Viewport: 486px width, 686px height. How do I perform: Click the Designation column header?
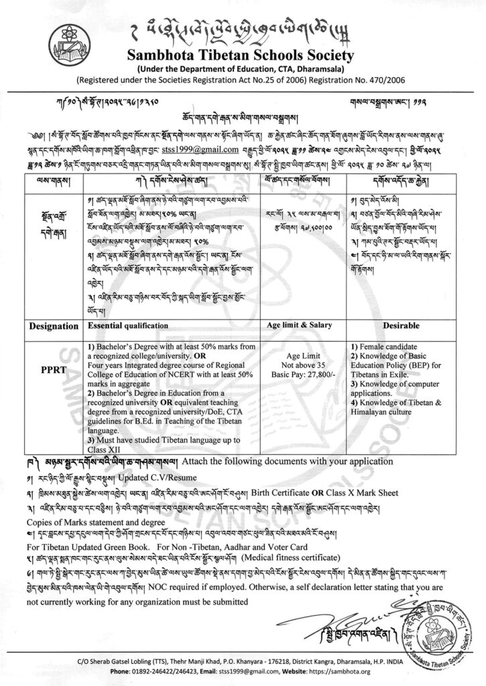tap(50, 326)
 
